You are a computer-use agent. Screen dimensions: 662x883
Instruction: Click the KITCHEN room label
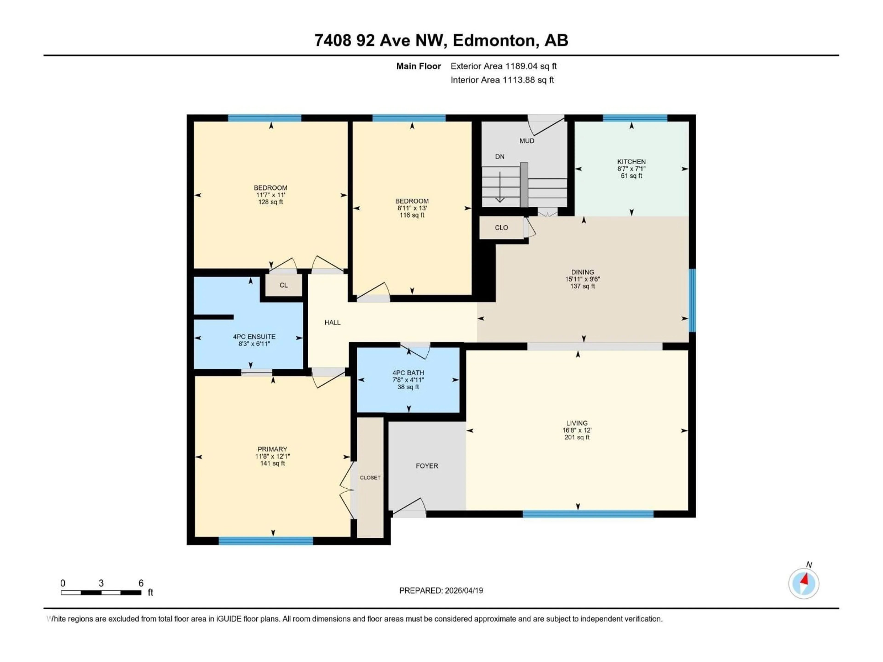click(x=631, y=162)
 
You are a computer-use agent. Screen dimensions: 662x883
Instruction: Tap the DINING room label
click(x=582, y=272)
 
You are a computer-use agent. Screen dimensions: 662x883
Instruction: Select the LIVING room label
click(x=577, y=423)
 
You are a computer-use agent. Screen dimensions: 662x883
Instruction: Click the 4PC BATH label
click(x=408, y=373)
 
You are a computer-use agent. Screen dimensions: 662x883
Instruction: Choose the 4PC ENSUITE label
click(x=254, y=336)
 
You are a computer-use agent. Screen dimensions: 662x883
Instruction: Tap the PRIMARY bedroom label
click(x=272, y=449)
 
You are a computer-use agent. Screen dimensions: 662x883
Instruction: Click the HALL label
click(x=332, y=322)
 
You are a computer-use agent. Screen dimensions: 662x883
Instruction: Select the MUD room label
click(x=527, y=141)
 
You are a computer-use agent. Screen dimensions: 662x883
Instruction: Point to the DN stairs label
click(x=499, y=157)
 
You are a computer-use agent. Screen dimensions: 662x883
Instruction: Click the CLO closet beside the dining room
click(x=501, y=228)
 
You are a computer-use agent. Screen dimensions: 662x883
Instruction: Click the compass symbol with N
click(x=804, y=583)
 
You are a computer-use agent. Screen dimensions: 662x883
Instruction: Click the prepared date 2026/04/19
click(x=441, y=591)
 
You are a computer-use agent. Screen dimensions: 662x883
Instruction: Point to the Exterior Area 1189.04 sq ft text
click(x=503, y=66)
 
